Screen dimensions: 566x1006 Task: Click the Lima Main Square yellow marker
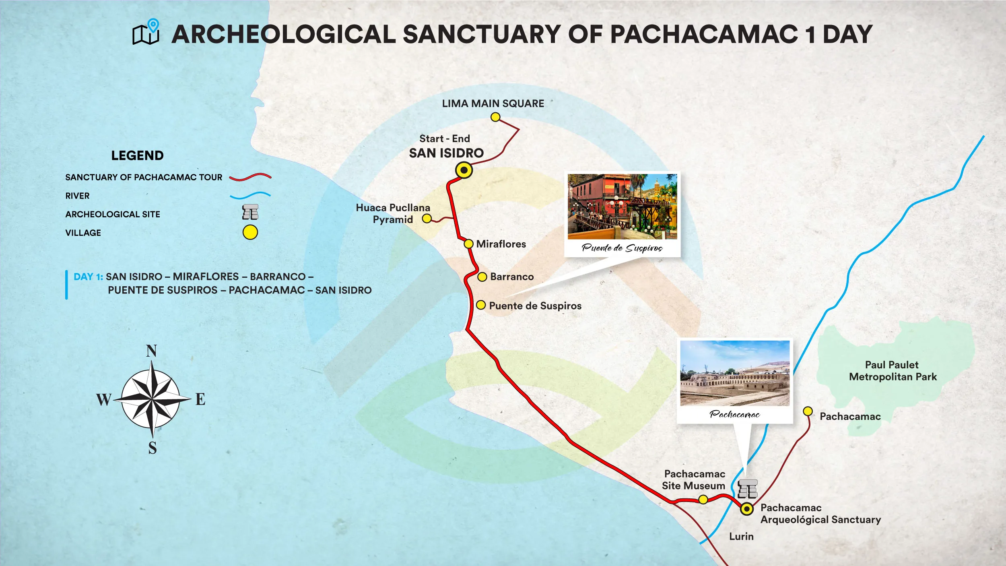click(x=495, y=117)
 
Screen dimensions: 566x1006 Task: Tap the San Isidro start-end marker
click(x=464, y=170)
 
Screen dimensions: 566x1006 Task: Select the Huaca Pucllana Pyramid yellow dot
click(x=427, y=219)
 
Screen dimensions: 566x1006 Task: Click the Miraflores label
click(x=501, y=244)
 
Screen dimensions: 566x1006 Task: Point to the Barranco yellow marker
click(x=482, y=277)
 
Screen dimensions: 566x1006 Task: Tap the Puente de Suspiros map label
click(x=535, y=306)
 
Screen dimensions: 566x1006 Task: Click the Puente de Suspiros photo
click(x=622, y=207)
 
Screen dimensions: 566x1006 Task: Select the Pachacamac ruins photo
click(x=735, y=373)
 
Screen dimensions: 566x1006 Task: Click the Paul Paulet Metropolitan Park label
click(x=893, y=371)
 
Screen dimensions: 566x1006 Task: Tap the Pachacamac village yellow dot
click(x=808, y=411)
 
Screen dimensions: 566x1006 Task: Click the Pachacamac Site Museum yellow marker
click(x=703, y=500)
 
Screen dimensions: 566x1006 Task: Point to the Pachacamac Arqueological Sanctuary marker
click(x=747, y=509)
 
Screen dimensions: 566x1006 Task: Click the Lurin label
click(x=741, y=537)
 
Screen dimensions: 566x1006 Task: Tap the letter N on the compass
click(x=151, y=351)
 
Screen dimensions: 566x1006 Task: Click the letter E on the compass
click(x=200, y=399)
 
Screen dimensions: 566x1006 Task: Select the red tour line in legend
click(x=250, y=177)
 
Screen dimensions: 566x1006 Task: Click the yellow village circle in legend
click(x=250, y=233)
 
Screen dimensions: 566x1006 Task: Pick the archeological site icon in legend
click(x=250, y=212)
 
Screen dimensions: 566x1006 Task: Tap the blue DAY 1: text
click(x=88, y=277)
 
